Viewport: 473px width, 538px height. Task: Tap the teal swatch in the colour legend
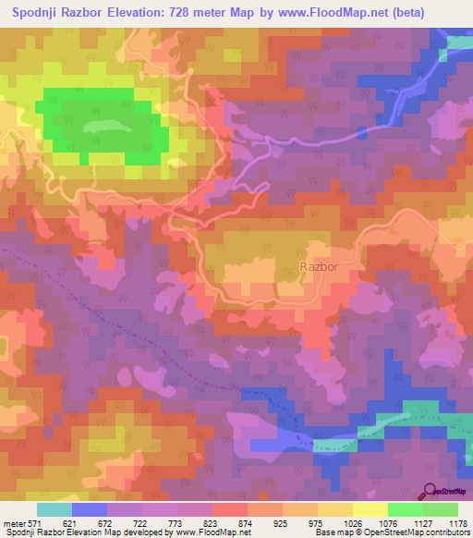[55, 509]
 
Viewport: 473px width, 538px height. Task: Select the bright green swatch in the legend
[405, 509]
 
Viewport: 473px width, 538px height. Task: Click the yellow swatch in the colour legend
[370, 509]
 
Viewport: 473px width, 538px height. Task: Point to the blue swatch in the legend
[90, 509]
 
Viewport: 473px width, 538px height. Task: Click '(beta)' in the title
[442, 12]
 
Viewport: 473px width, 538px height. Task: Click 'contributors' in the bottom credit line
[448, 533]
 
